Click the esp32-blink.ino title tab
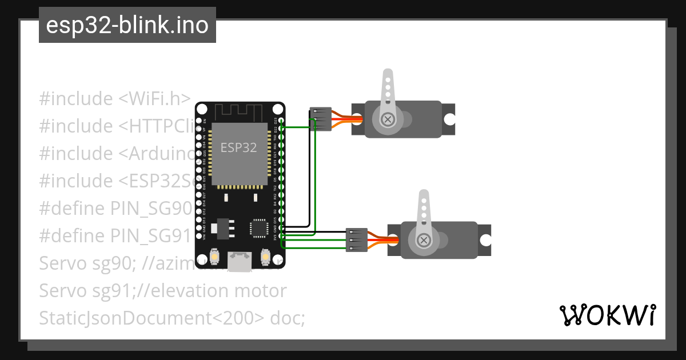tap(127, 25)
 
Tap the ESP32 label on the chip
tap(238, 147)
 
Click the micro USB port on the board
tap(240, 262)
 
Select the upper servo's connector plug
tap(321, 119)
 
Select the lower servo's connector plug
tap(357, 240)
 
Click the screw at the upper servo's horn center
tap(388, 119)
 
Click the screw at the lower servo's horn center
tap(424, 240)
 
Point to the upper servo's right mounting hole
tap(450, 119)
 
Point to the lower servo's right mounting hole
tap(486, 240)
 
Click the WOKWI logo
tap(607, 315)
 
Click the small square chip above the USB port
tap(258, 227)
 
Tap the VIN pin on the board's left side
tap(200, 235)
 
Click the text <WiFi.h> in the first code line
tap(154, 99)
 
